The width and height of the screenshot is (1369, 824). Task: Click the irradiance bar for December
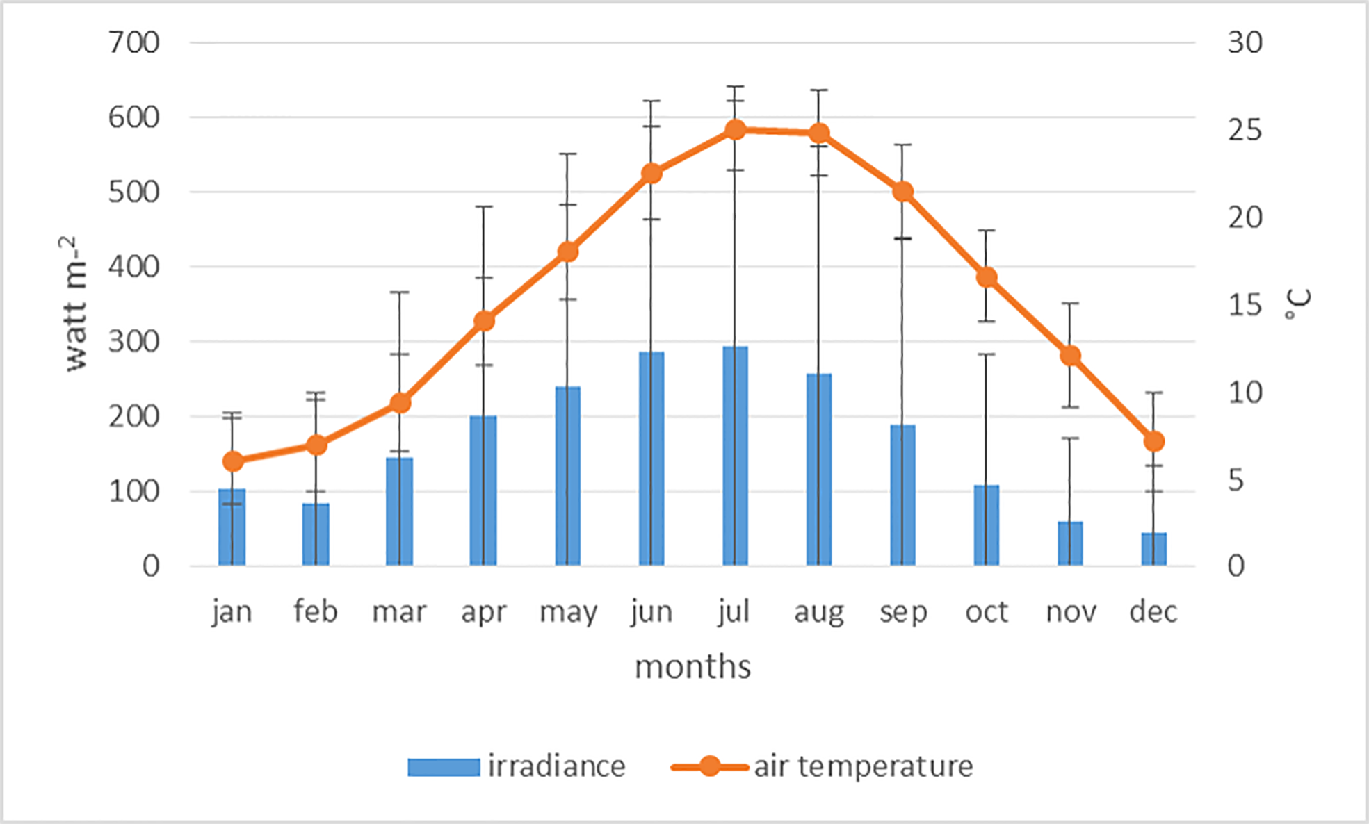pos(1153,549)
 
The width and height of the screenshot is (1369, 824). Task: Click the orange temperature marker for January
pos(233,461)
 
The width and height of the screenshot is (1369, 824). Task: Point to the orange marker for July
pos(735,130)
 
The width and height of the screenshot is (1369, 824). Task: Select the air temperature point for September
pos(902,192)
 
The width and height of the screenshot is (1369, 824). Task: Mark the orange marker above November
pos(1070,356)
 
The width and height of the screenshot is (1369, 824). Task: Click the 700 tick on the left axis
pos(134,43)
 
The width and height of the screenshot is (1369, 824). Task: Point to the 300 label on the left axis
pos(134,342)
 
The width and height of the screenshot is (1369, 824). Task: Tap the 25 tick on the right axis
pos(1245,130)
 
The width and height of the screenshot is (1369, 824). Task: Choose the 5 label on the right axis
pos(1236,480)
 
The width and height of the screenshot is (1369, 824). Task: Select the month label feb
pos(315,611)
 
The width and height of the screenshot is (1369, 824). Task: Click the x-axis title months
pos(692,667)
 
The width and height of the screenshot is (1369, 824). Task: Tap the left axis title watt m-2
pos(75,304)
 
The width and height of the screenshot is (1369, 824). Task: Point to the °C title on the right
pos(1297,304)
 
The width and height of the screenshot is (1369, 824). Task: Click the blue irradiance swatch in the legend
pos(444,767)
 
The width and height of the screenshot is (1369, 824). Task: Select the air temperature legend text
pos(863,766)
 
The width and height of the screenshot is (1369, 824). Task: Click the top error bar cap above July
pos(735,87)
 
